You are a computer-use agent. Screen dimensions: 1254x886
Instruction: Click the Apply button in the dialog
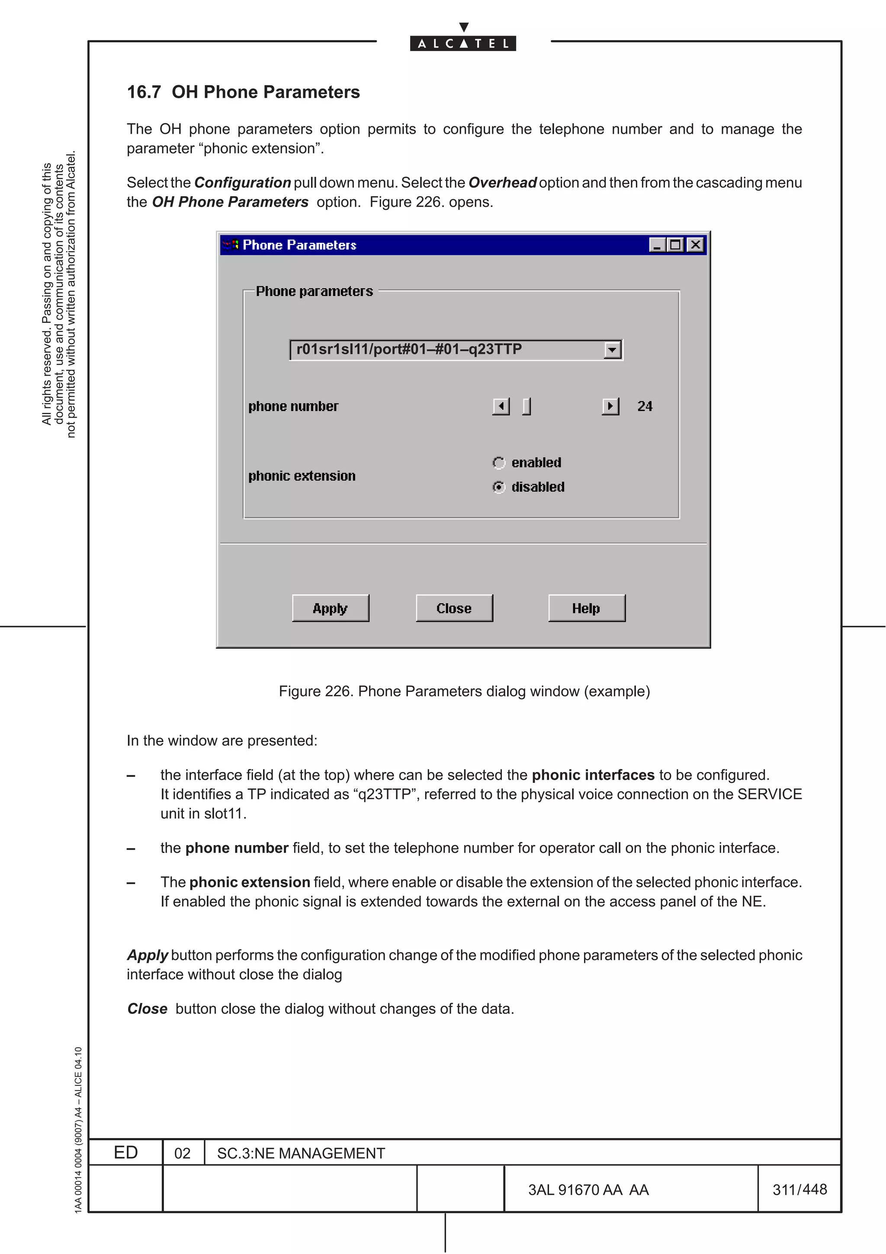330,608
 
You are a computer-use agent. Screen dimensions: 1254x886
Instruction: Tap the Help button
586,608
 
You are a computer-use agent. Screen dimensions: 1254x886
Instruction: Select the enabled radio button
498,463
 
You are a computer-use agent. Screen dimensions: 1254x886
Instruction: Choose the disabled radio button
498,487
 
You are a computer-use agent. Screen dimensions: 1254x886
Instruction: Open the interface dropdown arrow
613,350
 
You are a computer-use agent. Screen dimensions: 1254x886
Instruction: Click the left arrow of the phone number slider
501,406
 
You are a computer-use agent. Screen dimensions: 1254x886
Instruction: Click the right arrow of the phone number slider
610,406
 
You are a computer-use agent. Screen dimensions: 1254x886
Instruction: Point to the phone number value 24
645,406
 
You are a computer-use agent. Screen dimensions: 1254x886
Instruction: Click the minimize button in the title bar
657,244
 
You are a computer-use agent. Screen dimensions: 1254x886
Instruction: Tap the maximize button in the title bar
676,244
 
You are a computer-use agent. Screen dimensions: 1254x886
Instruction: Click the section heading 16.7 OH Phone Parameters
244,92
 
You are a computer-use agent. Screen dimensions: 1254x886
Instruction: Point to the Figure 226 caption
464,691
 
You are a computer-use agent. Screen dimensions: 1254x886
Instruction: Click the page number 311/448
799,1189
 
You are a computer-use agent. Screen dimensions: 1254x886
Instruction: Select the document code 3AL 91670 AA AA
588,1190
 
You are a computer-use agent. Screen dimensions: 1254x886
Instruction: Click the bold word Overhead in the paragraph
502,183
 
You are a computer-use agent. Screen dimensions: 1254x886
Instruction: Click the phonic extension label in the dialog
302,476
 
